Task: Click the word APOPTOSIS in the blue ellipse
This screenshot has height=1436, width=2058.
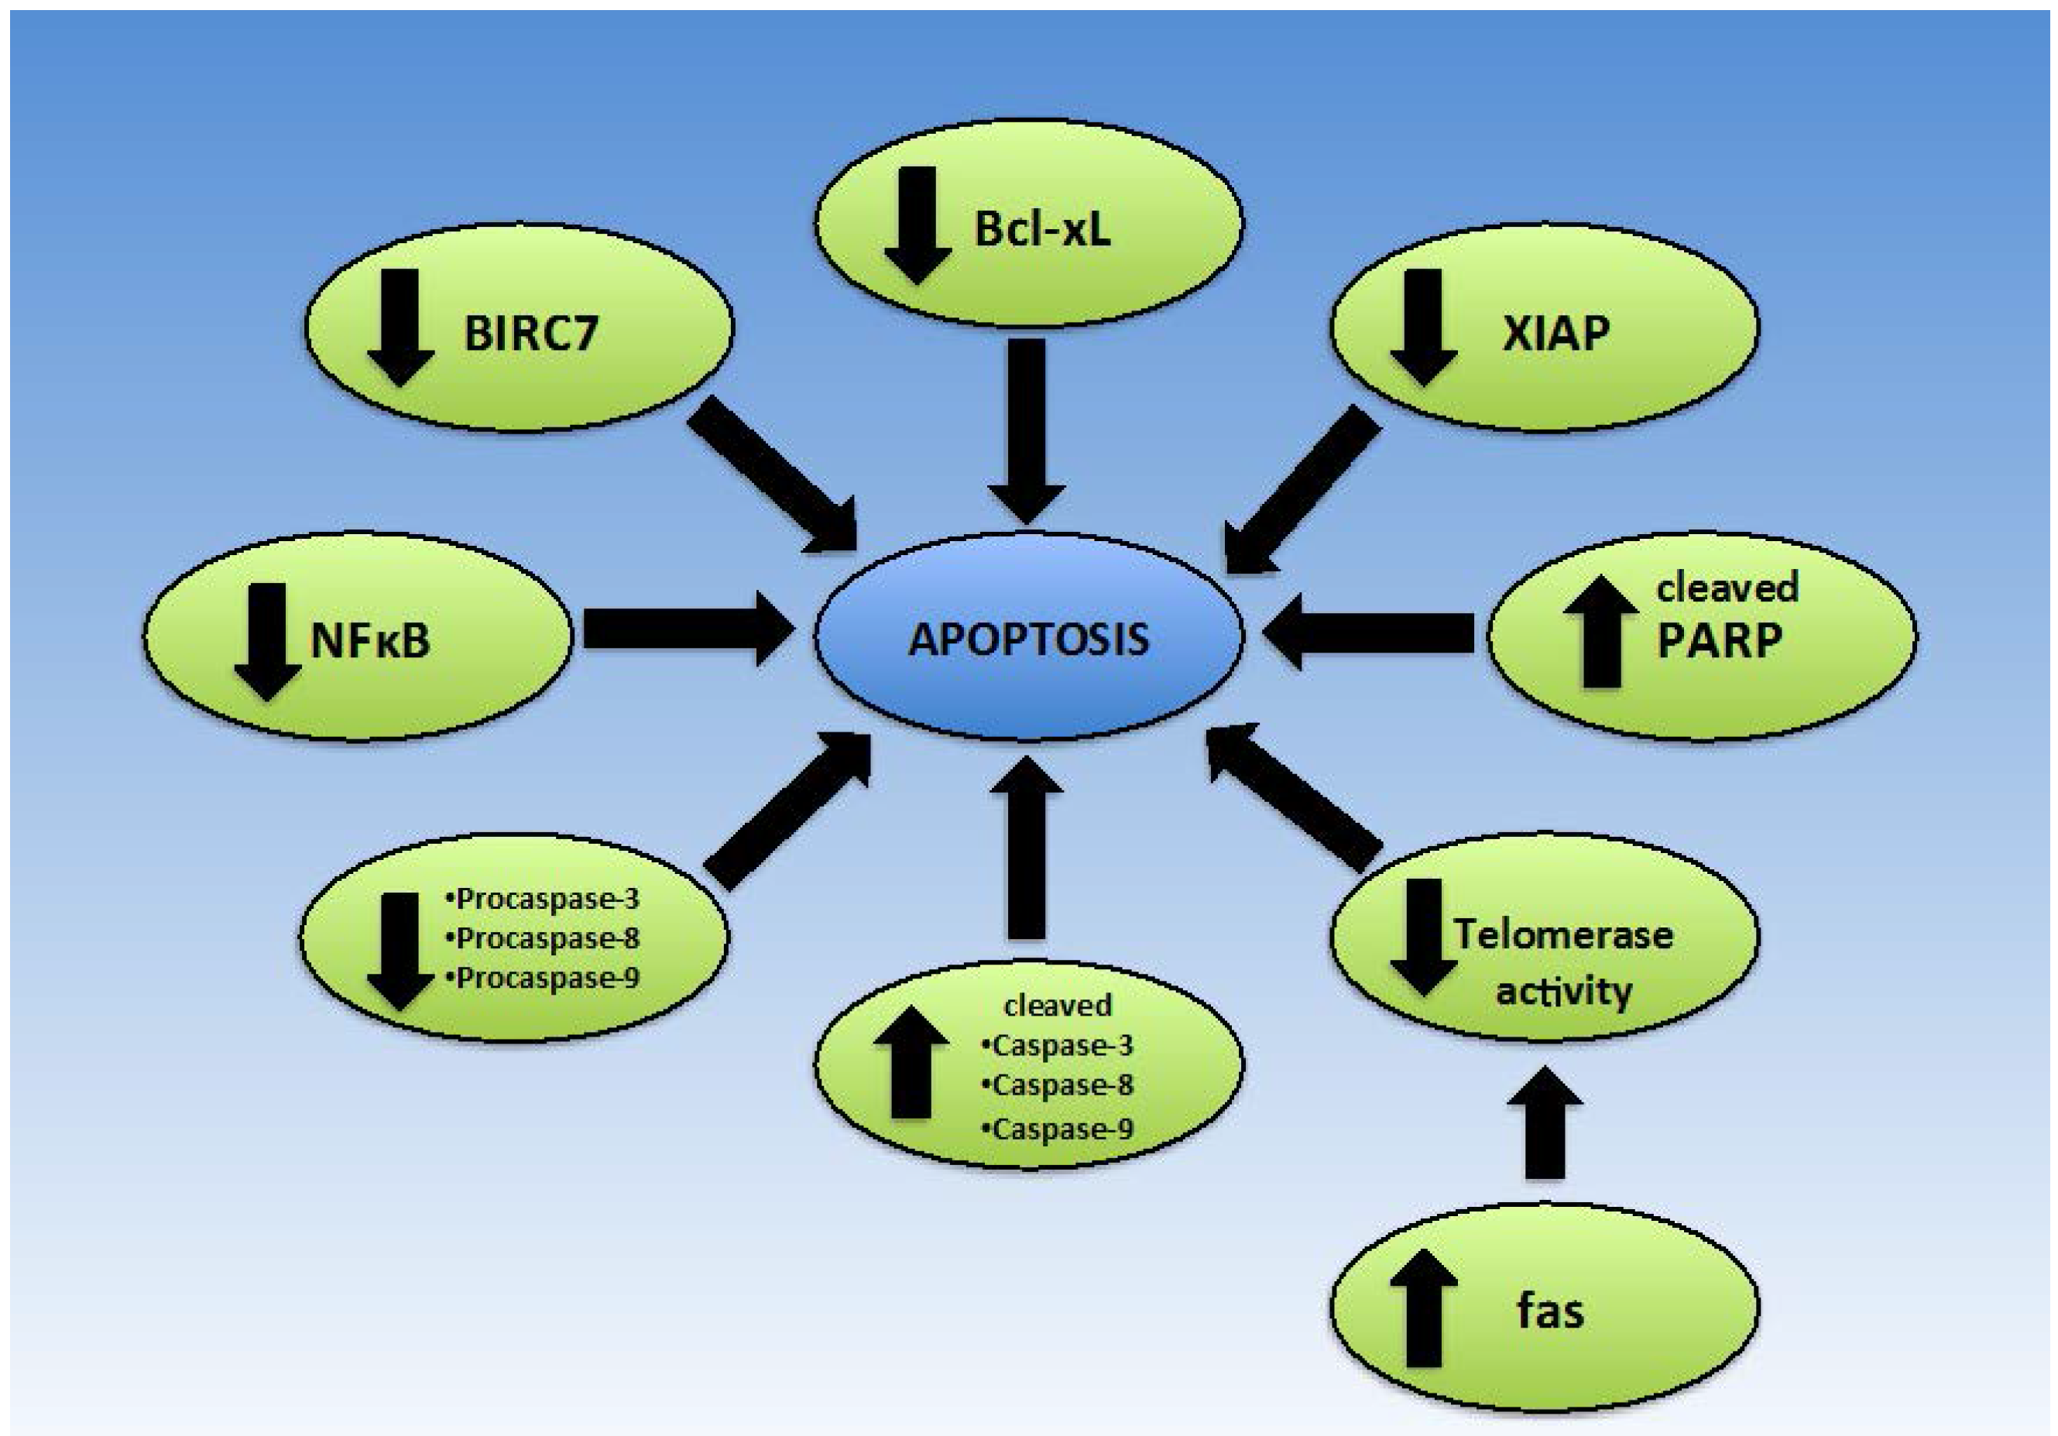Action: click(1028, 640)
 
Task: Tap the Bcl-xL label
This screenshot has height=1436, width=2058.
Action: click(1041, 228)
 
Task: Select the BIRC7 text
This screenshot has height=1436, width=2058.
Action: click(530, 334)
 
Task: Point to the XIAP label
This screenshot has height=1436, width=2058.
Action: click(1556, 334)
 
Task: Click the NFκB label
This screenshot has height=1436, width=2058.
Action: click(369, 641)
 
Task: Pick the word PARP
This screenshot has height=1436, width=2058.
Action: click(1719, 641)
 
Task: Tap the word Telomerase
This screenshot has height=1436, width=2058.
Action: click(1563, 935)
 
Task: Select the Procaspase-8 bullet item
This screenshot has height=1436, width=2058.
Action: click(544, 938)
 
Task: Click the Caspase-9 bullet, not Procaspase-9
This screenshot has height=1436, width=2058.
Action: click(1058, 1128)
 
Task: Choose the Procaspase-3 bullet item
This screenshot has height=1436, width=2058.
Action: click(544, 899)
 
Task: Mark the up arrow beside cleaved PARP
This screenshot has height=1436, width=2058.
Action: click(1602, 632)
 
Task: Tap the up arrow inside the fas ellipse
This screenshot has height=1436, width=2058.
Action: click(1423, 1309)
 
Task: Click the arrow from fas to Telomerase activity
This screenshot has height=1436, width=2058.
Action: click(1545, 1122)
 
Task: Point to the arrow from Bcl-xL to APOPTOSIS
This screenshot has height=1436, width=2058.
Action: click(1027, 430)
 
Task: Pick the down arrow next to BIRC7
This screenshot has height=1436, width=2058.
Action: click(400, 327)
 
